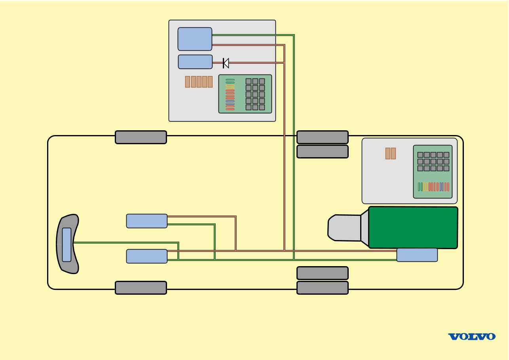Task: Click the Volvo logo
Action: click(x=471, y=337)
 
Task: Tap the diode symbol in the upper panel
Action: click(x=226, y=63)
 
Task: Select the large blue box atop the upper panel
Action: click(x=195, y=39)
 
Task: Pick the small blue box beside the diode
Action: click(x=195, y=62)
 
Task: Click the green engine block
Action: click(x=413, y=227)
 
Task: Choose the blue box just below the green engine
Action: click(x=417, y=255)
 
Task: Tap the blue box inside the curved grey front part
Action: click(x=66, y=244)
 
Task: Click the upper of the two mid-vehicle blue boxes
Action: click(x=146, y=221)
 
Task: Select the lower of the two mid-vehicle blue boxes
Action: click(x=146, y=256)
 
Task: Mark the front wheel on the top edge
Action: click(x=141, y=137)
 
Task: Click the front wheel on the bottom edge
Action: click(x=141, y=288)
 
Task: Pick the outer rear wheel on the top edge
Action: click(x=322, y=137)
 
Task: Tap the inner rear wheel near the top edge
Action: click(x=322, y=151)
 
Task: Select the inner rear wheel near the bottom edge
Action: click(x=322, y=273)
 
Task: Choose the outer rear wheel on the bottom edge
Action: click(x=322, y=288)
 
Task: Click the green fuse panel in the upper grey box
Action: click(x=245, y=94)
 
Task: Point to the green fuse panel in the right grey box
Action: click(x=433, y=171)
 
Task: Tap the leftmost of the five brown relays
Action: click(x=188, y=82)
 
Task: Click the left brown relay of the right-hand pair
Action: click(x=388, y=153)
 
